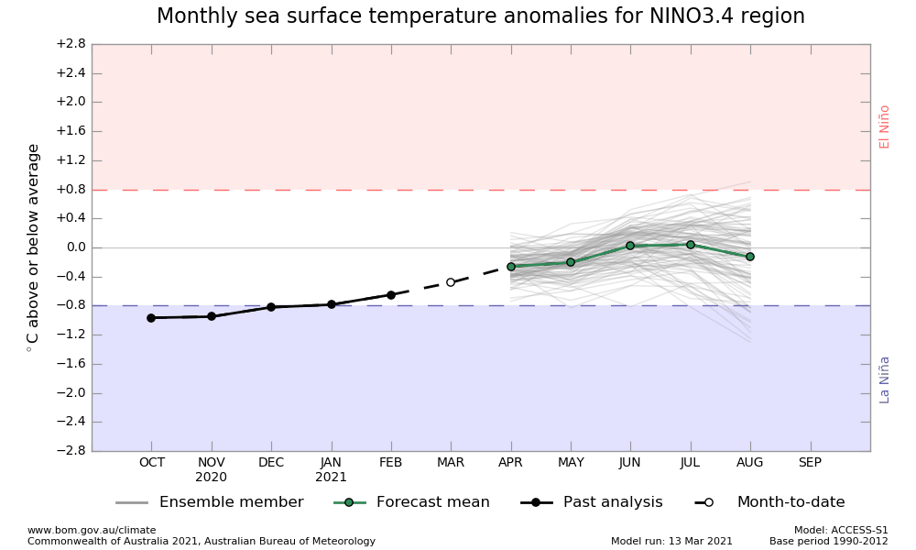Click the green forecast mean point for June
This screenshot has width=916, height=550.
[630, 246]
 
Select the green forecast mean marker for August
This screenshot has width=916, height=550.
[750, 257]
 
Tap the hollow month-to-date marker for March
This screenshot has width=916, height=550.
[451, 282]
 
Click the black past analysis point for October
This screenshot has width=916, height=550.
[151, 318]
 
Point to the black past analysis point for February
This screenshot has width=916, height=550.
[391, 295]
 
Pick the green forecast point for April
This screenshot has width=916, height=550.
[511, 267]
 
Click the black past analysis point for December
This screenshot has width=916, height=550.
[271, 307]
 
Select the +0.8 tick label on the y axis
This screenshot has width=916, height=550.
[70, 190]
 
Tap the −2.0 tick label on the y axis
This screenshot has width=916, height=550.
[70, 393]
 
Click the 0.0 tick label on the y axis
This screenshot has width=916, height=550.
[74, 247]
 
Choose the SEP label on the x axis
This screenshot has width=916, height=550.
[810, 463]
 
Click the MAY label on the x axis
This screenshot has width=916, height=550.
[571, 463]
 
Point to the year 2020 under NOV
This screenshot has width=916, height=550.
[212, 478]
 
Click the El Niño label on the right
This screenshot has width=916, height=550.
[885, 126]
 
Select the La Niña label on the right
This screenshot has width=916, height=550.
[885, 379]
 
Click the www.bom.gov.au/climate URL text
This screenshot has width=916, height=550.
[92, 530]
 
